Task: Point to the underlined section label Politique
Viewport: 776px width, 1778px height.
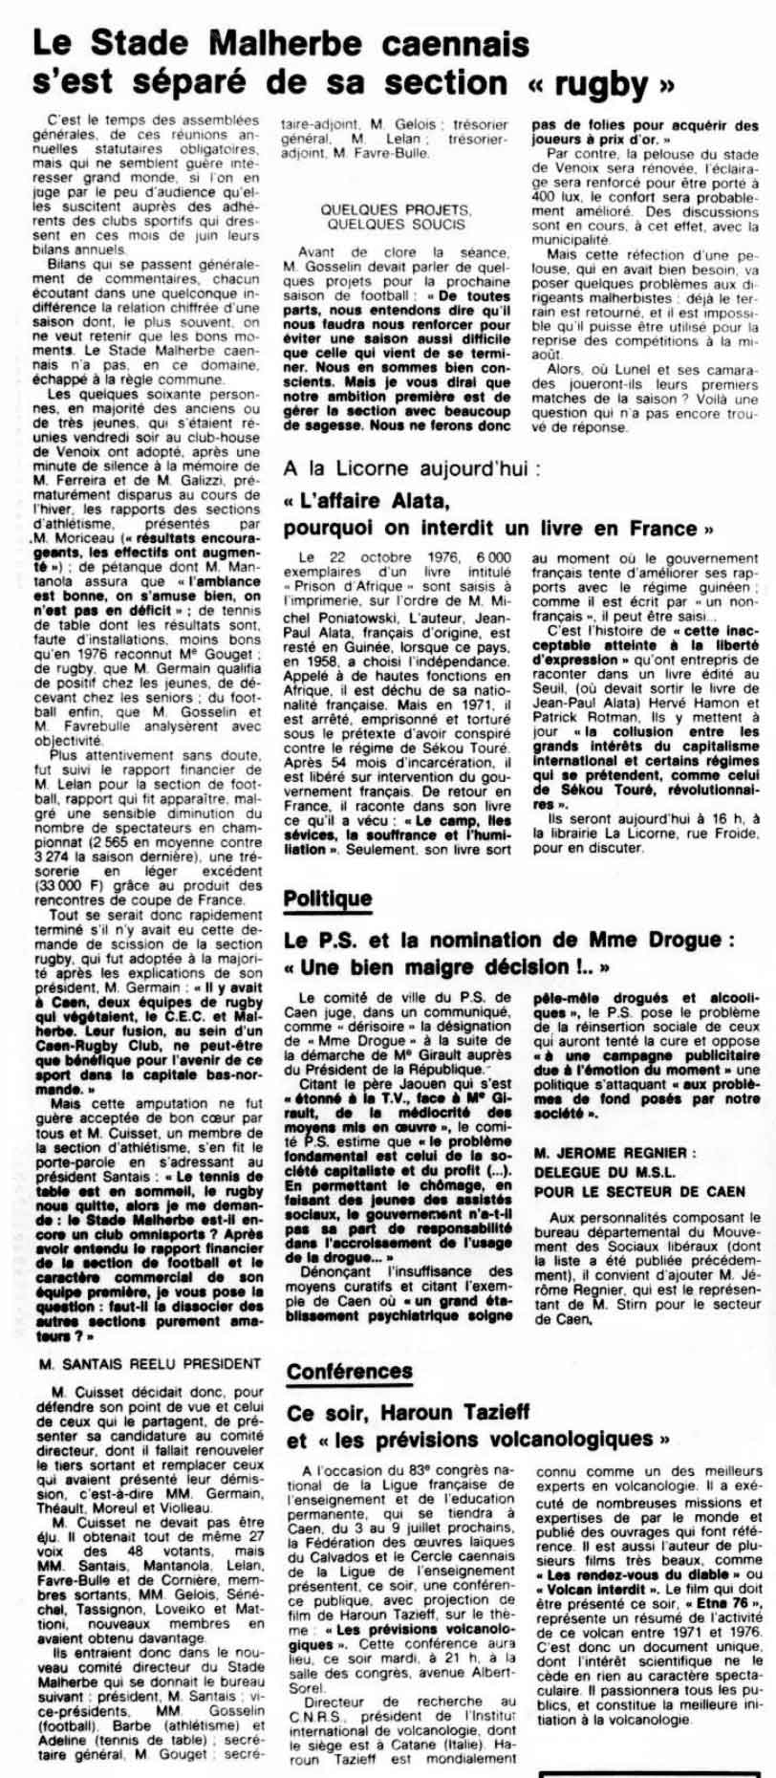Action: (327, 900)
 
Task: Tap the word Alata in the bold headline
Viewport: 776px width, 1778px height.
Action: (414, 502)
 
